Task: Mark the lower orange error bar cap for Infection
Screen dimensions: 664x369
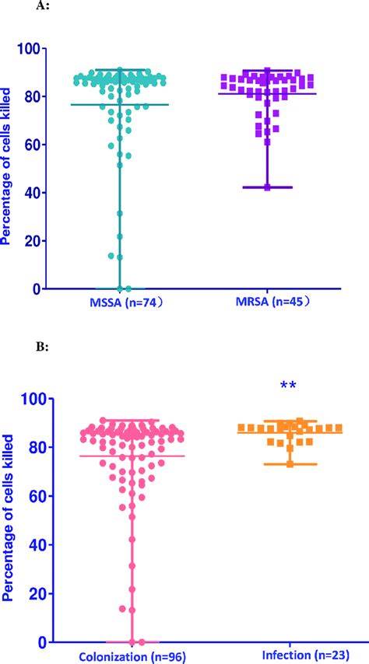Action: [x=290, y=464]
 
